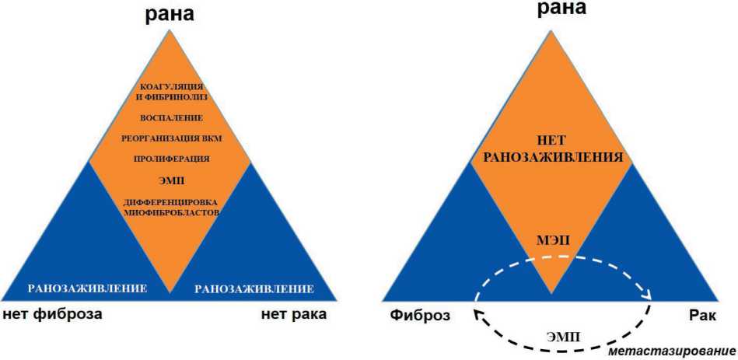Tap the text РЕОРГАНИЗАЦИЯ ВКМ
point(172,138)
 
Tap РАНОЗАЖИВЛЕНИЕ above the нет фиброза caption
point(87,288)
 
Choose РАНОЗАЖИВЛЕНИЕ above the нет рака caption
point(254,289)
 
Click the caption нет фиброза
point(52,315)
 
